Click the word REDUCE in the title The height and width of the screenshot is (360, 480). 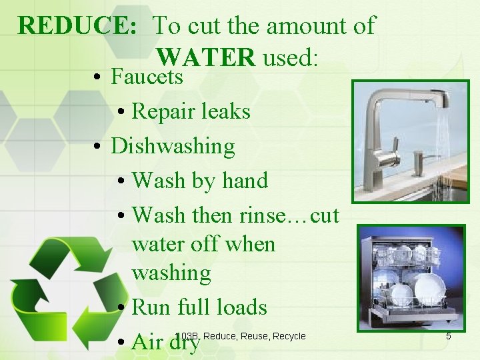(x=77, y=27)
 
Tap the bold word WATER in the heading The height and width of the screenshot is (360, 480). (x=207, y=57)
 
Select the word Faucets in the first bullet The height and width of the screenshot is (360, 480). (x=147, y=77)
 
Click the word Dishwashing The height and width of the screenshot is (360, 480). (x=173, y=146)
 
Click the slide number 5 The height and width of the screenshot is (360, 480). (x=448, y=336)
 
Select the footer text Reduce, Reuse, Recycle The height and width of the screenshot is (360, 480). (x=254, y=336)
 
